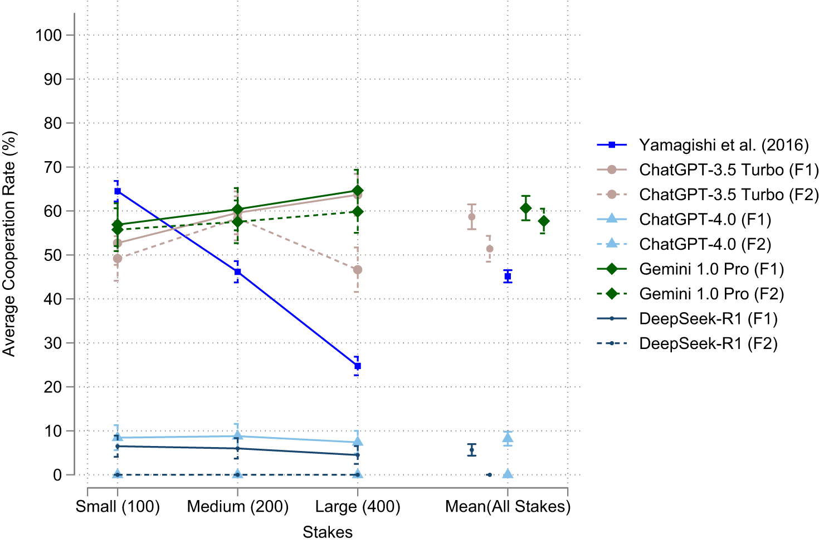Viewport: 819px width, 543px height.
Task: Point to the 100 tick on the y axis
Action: coord(48,35)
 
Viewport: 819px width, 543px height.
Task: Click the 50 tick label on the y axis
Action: coord(52,255)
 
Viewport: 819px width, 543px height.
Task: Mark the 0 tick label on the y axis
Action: coord(57,475)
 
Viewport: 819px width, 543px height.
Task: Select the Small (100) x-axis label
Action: coord(118,507)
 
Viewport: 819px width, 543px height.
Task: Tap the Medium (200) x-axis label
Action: coord(238,507)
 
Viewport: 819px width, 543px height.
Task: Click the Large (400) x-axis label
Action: coord(358,507)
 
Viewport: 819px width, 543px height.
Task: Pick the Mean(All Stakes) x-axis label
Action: coord(508,507)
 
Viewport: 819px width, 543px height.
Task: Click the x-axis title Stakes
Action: coord(328,532)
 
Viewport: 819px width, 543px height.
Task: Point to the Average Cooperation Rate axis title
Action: coord(9,244)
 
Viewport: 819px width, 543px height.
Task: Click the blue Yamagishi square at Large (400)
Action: coord(358,366)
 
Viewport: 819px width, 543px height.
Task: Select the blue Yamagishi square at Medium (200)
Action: coord(238,272)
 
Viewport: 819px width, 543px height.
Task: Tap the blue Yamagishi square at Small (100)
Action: coord(118,191)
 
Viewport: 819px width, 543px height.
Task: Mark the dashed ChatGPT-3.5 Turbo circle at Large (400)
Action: coord(358,270)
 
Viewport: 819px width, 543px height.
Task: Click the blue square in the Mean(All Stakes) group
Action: coord(508,277)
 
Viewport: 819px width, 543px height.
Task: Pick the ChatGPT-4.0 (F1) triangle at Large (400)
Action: coord(358,442)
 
